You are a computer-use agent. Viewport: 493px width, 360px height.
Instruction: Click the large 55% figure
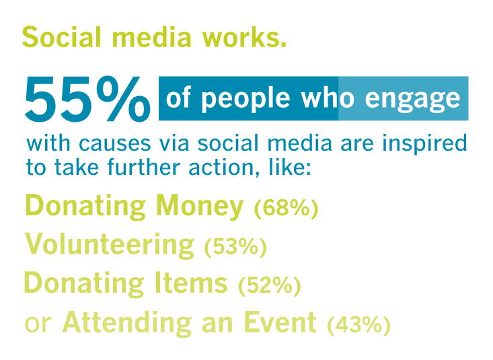coord(87,98)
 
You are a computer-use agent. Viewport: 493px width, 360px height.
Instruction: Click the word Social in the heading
coord(62,37)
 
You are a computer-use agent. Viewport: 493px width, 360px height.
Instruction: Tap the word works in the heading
coord(244,37)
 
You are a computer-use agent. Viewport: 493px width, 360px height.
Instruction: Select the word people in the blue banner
coord(245,99)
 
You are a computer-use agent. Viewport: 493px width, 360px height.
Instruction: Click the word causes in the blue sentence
coord(115,144)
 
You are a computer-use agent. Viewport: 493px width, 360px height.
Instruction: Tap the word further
coord(144,167)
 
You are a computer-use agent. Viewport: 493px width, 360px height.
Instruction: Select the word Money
coord(200,207)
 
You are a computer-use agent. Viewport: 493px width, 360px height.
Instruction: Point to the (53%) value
coord(235,247)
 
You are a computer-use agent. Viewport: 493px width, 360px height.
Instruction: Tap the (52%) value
coord(270,285)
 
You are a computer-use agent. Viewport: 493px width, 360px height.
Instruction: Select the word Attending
coord(127,322)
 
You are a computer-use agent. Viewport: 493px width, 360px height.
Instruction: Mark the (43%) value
coord(358,324)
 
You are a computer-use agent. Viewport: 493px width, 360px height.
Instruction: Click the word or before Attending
coord(38,324)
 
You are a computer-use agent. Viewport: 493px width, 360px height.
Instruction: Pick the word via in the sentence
coord(174,143)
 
